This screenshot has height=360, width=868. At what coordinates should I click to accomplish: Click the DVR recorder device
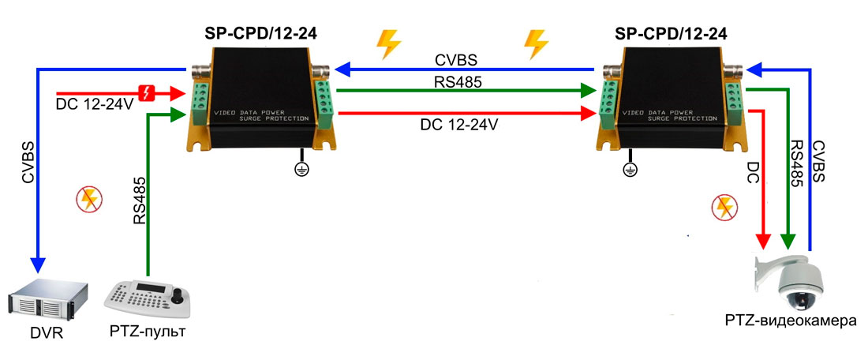44,300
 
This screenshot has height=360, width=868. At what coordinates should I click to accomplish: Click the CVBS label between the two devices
455,60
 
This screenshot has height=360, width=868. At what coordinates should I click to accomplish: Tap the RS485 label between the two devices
455,81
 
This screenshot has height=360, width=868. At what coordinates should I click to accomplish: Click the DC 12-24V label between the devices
458,125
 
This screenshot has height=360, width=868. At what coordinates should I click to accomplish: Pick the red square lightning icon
147,93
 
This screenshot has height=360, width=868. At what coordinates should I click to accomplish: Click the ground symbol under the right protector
630,168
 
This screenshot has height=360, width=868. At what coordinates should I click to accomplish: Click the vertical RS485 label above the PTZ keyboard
139,202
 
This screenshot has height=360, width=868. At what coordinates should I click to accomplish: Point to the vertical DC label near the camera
753,174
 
